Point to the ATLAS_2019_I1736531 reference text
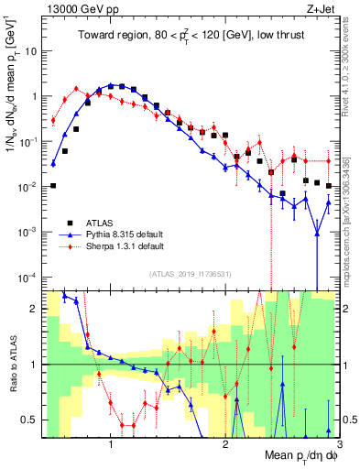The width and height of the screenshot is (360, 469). tap(190, 273)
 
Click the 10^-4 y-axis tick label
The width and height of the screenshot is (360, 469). tap(28, 277)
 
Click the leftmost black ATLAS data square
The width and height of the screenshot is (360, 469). tap(53, 185)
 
